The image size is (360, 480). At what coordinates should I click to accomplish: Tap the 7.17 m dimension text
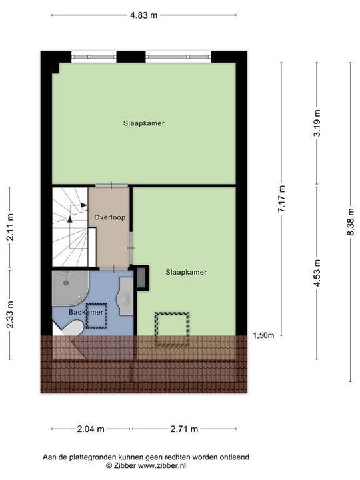(281, 199)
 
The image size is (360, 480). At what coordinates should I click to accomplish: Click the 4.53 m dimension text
(317, 272)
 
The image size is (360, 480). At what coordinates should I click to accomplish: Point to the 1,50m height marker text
(263, 335)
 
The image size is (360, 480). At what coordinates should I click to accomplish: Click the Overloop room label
(109, 217)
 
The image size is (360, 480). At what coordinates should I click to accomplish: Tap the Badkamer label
(85, 311)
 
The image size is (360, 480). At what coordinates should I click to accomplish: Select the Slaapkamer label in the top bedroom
(143, 123)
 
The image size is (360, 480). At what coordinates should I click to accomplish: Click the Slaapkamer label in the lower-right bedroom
(186, 272)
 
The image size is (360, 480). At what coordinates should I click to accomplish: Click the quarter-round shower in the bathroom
(67, 287)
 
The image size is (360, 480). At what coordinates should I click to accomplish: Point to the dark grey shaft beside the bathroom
(142, 278)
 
